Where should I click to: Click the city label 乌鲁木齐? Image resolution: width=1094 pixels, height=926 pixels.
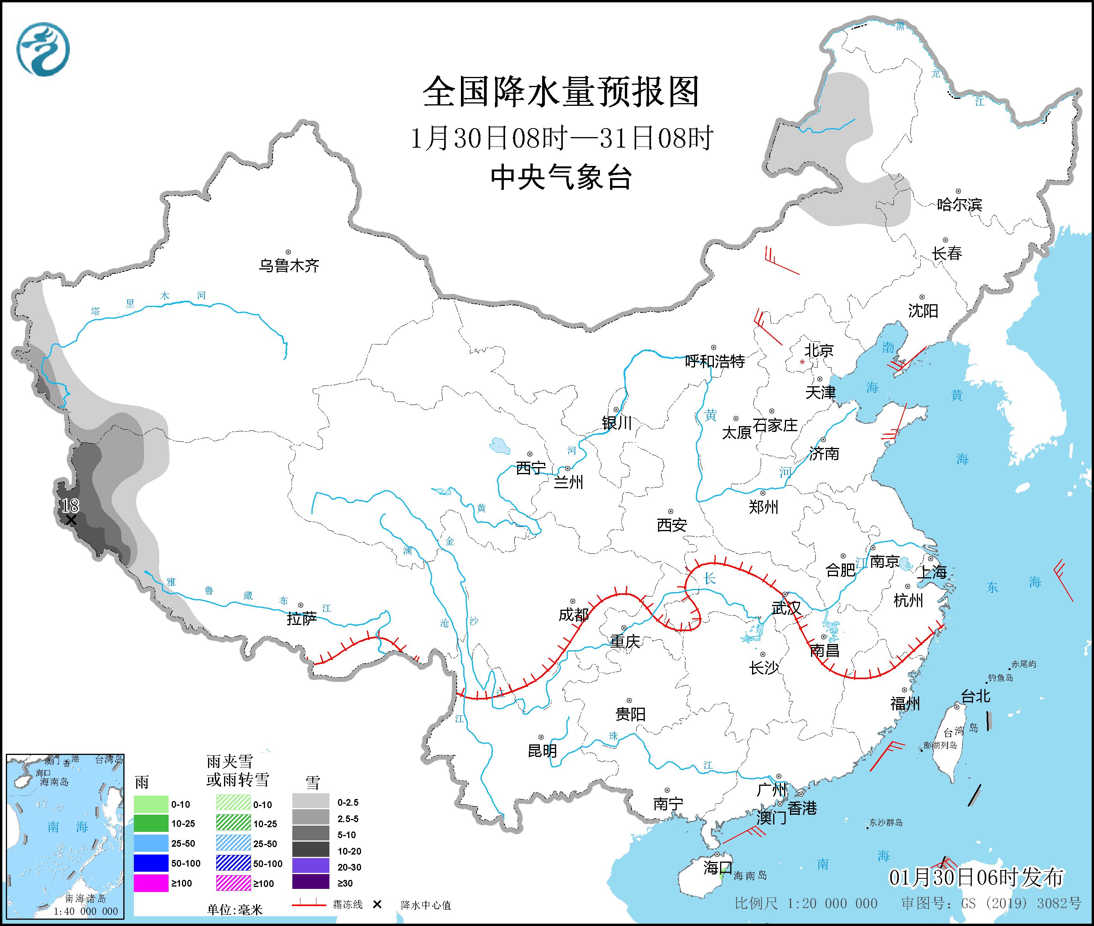point(288,266)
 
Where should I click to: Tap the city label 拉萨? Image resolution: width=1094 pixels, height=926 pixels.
point(302,619)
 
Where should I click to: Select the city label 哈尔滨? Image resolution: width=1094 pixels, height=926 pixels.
point(959,205)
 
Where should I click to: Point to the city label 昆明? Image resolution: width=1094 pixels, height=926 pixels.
point(542,751)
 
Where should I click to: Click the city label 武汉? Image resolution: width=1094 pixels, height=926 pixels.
point(786,608)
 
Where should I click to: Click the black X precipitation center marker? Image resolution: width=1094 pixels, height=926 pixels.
point(71,520)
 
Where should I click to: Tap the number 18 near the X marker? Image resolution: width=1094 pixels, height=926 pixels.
point(70,505)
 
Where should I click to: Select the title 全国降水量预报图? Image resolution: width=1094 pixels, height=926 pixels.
point(561,92)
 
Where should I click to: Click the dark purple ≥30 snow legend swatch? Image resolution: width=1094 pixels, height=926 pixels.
point(311,883)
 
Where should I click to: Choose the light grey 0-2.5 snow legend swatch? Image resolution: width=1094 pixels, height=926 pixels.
point(311,803)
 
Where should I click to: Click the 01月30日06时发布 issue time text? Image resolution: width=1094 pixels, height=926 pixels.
point(976,877)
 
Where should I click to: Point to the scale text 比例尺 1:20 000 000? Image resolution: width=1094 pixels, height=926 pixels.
point(806,903)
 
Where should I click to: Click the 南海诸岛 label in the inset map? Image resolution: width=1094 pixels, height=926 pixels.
point(85,899)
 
